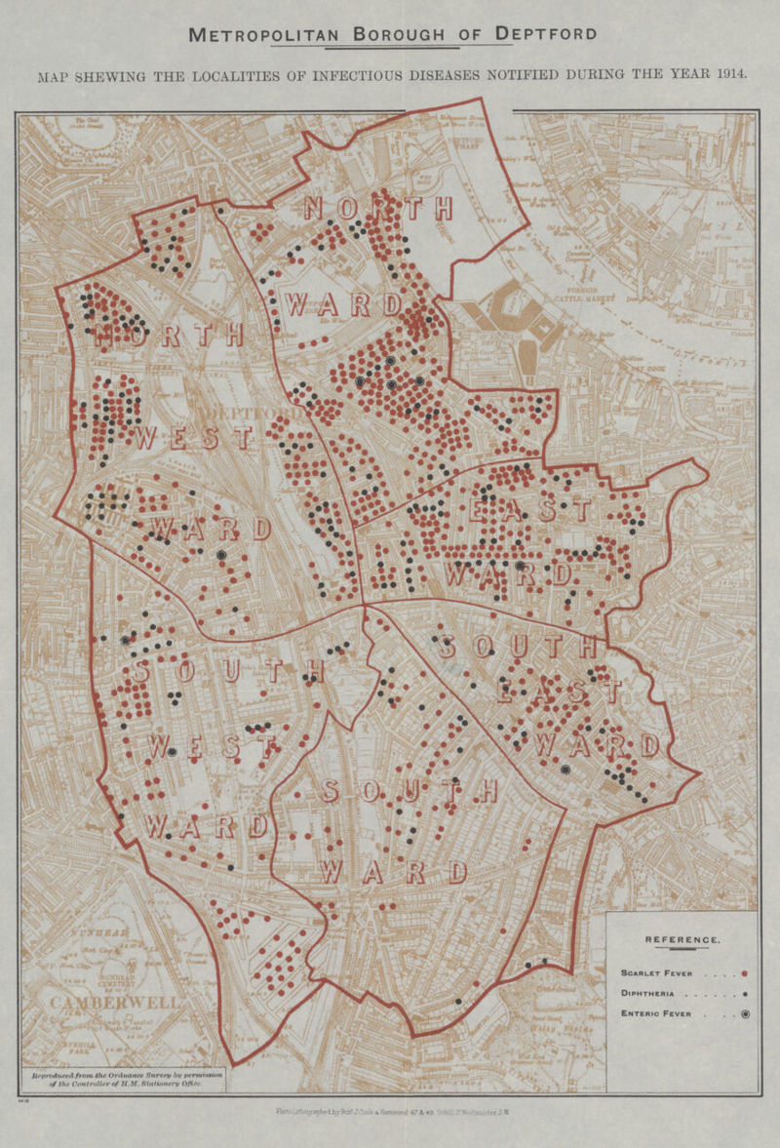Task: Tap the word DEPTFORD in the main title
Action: pos(545,35)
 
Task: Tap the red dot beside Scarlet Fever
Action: pos(744,972)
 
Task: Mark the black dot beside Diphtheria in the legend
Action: pos(744,994)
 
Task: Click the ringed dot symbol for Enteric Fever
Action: pos(744,1014)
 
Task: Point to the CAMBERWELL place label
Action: pos(102,1003)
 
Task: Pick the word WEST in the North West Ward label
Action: pos(192,438)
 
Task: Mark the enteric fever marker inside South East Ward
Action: pos(565,770)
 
